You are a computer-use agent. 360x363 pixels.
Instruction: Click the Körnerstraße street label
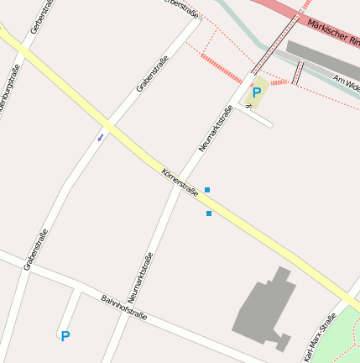point(180,181)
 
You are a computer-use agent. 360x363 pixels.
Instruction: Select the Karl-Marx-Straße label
point(320,338)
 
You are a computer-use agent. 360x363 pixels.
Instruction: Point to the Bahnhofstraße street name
point(124,308)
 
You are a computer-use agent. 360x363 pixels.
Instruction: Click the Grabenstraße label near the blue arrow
point(152,74)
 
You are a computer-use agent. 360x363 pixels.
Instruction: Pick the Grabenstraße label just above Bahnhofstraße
point(36,250)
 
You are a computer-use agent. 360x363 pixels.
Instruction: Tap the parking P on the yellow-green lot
point(256,92)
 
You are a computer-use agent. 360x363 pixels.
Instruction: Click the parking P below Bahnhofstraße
point(65,335)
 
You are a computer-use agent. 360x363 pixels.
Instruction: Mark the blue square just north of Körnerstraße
point(207,190)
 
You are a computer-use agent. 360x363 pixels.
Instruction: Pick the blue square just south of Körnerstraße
point(209,213)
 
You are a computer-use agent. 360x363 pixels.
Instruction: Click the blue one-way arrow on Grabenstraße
point(101,135)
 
